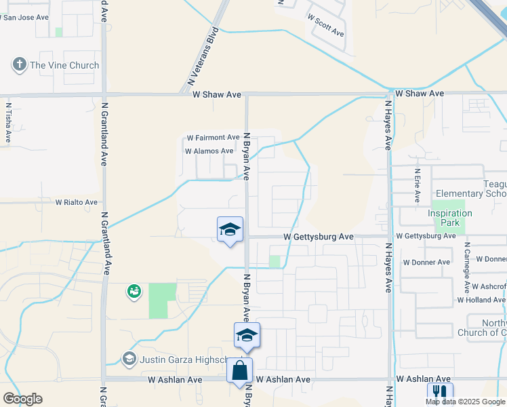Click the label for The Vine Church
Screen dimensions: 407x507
(64, 65)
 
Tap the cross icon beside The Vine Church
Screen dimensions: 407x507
(19, 65)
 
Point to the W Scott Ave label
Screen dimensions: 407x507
(325, 26)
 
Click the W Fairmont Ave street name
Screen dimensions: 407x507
(214, 137)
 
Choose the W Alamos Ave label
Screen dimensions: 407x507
(209, 151)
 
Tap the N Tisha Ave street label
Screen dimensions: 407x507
(9, 122)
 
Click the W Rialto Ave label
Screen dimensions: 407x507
(76, 202)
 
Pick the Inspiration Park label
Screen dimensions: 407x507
(449, 218)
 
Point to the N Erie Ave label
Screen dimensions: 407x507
(417, 186)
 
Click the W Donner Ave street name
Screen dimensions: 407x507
(426, 262)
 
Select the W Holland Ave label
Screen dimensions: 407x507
(481, 299)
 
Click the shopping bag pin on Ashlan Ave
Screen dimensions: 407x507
(240, 370)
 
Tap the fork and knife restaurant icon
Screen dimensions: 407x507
(440, 393)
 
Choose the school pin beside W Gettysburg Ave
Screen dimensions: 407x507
(230, 229)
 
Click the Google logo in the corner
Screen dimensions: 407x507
(22, 398)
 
